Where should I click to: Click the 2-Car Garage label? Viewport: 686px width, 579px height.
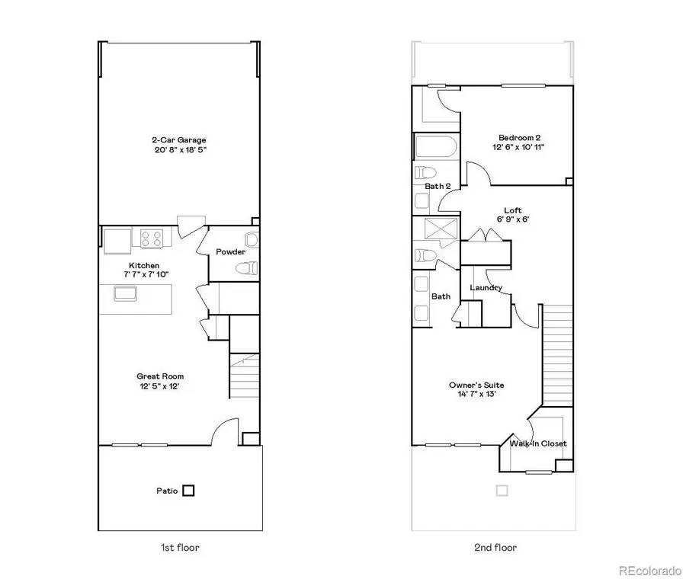pyautogui.click(x=179, y=140)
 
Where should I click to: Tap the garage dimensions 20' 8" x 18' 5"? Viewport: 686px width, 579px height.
pyautogui.click(x=179, y=150)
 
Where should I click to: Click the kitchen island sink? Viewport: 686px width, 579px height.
pyautogui.click(x=125, y=293)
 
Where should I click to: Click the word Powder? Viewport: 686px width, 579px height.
pyautogui.click(x=230, y=252)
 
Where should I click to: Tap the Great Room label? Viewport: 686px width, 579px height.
pyautogui.click(x=160, y=376)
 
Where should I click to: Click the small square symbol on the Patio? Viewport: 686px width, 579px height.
pyautogui.click(x=188, y=491)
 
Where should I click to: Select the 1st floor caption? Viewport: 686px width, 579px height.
pyautogui.click(x=181, y=547)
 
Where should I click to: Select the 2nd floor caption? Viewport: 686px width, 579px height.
pyautogui.click(x=495, y=547)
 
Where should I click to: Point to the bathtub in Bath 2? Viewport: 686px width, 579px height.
pyautogui.click(x=436, y=147)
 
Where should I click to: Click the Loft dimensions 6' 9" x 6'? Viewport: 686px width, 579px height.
pyautogui.click(x=512, y=219)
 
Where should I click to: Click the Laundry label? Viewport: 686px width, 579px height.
pyautogui.click(x=486, y=287)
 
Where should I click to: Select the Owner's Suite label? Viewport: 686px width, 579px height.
pyautogui.click(x=476, y=385)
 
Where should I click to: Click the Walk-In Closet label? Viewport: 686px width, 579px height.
pyautogui.click(x=538, y=443)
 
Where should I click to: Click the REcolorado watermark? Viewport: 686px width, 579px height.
pyautogui.click(x=649, y=569)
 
